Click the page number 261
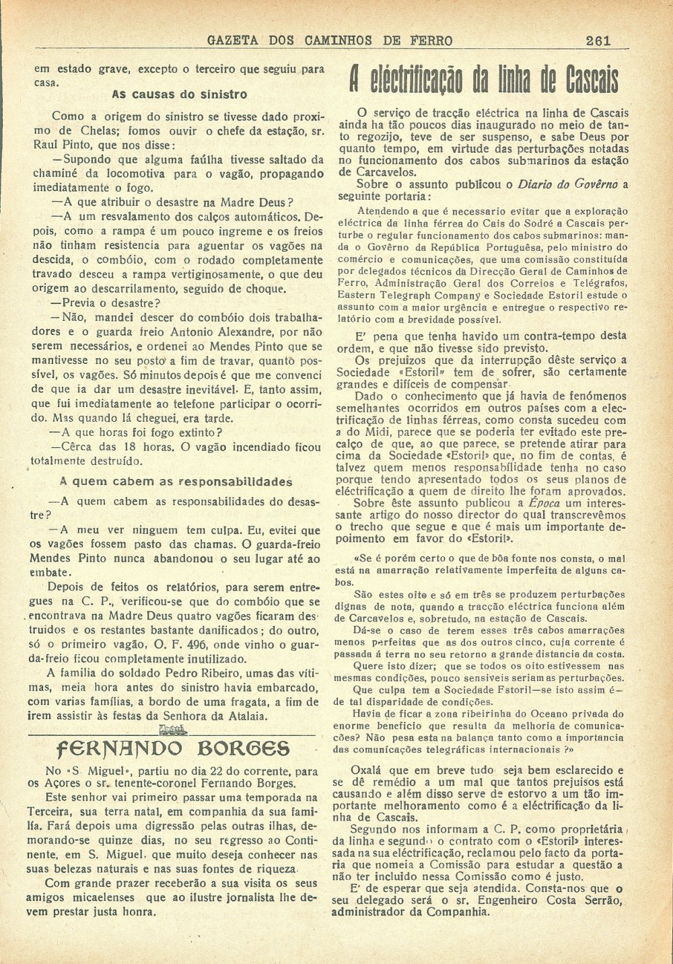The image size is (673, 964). [x=598, y=40]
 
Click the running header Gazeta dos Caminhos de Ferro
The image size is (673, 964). [x=330, y=40]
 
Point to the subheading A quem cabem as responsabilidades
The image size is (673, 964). [x=176, y=482]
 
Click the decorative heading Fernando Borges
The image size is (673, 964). [x=174, y=748]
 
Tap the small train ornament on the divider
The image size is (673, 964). [x=174, y=730]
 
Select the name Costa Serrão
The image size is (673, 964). [x=587, y=901]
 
